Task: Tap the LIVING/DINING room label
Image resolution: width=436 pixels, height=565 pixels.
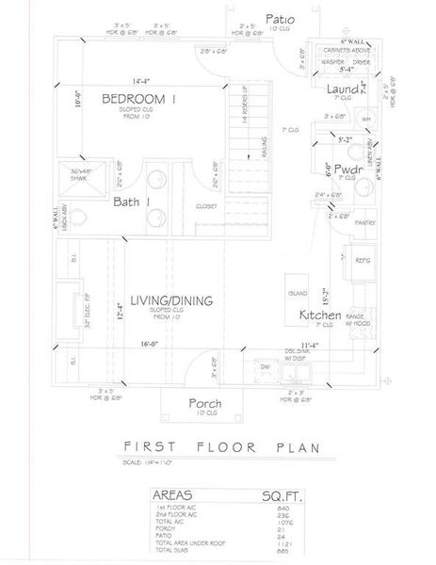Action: point(171,300)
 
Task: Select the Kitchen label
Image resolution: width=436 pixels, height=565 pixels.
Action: point(320,315)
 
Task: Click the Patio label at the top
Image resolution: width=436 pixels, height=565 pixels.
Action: point(280,18)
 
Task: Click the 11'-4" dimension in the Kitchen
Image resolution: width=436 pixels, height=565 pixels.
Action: point(316,344)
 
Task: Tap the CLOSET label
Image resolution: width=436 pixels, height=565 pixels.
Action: point(207,205)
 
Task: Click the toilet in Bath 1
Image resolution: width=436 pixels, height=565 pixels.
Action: point(82,218)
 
